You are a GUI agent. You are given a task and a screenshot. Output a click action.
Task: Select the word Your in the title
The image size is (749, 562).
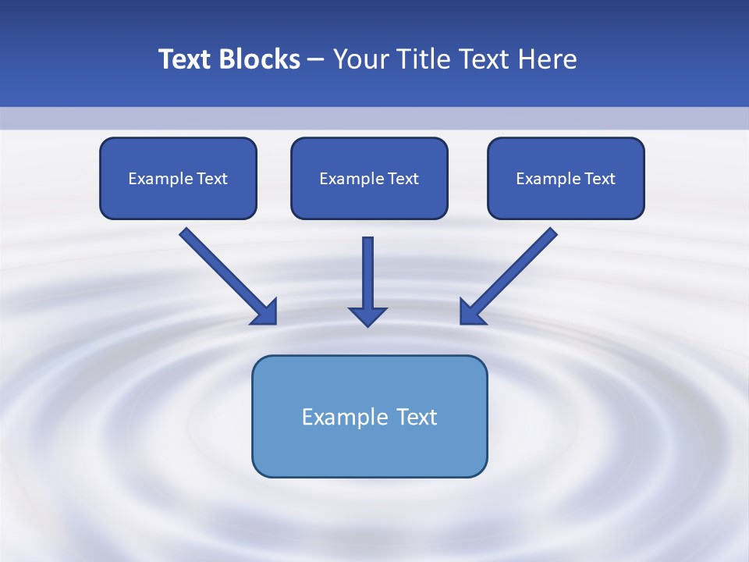[360, 59]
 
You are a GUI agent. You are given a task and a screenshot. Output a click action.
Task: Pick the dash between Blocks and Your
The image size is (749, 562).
[316, 60]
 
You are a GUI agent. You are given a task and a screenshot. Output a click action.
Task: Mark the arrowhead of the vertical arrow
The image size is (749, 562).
[367, 315]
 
